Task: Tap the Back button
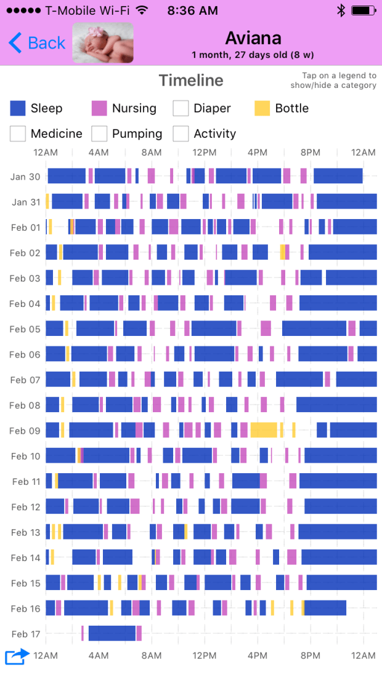37,43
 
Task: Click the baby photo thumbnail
103,42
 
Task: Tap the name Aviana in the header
253,38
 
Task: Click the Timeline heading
191,81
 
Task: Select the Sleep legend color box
18,109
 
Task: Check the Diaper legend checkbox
181,109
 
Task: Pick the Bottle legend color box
262,109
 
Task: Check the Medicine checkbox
18,134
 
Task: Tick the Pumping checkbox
99,134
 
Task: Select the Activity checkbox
181,134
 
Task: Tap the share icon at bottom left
17,656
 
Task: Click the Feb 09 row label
25,431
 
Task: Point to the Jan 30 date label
25,177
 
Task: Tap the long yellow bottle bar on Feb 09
264,430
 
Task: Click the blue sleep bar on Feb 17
112,633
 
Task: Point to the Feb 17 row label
25,634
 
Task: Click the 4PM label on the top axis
258,153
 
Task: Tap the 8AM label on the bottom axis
152,656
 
